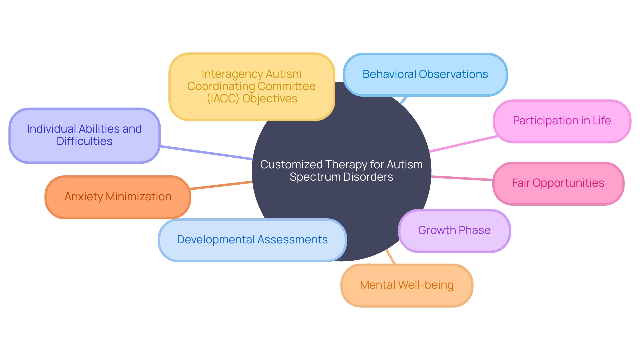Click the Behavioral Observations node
click(x=425, y=74)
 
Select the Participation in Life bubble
click(x=562, y=121)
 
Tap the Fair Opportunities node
click(x=558, y=183)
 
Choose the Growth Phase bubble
click(x=454, y=230)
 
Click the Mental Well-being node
click(x=407, y=285)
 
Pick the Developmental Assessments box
click(x=252, y=240)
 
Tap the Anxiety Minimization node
click(x=118, y=197)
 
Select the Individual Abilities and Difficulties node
click(x=84, y=135)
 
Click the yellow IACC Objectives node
click(x=251, y=86)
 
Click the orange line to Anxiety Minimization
click(x=221, y=185)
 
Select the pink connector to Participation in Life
click(x=463, y=144)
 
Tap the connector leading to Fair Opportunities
click(x=462, y=178)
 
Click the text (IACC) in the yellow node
click(x=223, y=99)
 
